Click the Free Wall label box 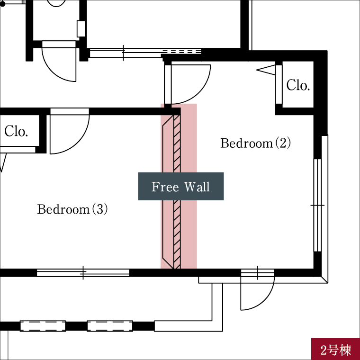click(180, 186)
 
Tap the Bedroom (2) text click(255, 143)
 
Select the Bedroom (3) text click(72, 209)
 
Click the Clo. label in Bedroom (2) click(298, 85)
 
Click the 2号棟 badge click(335, 351)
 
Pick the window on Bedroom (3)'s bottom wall click(83, 272)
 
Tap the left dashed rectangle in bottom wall click(42, 326)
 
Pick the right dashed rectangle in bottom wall click(109, 326)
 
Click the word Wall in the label click(197, 187)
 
